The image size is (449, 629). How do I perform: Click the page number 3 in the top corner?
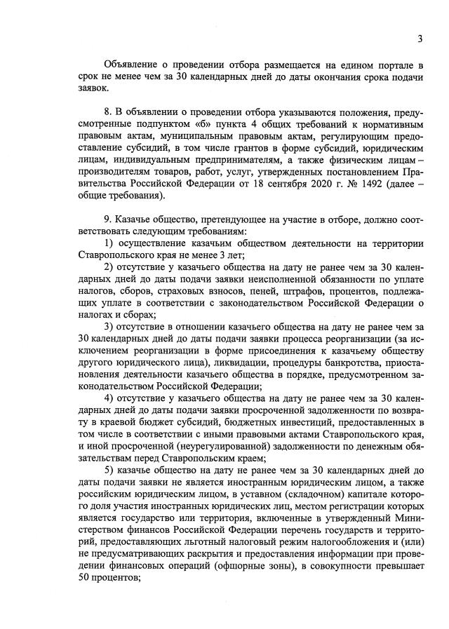coord(420,38)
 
